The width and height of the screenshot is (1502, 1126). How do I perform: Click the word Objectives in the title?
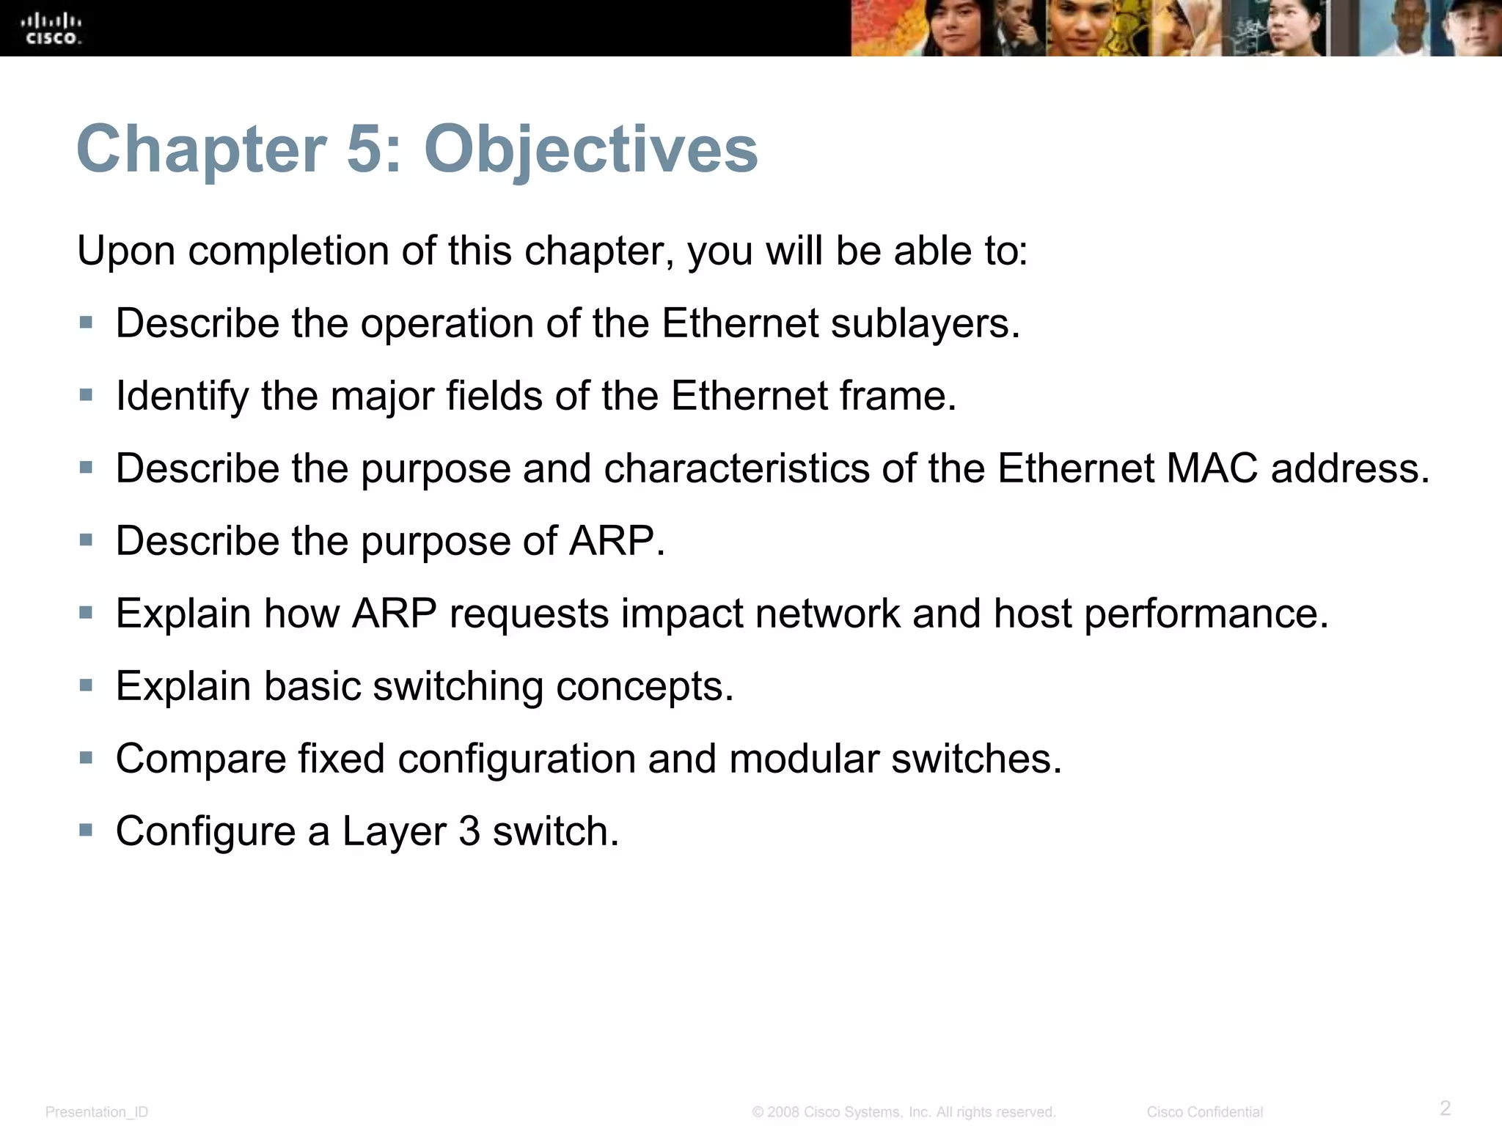pyautogui.click(x=590, y=150)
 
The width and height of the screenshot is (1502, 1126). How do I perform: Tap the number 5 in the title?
pyautogui.click(x=364, y=150)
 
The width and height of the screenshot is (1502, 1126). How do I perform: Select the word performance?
pyautogui.click(x=1206, y=614)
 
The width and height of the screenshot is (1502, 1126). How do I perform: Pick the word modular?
pyautogui.click(x=804, y=759)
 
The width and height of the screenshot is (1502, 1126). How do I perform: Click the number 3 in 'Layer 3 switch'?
pyautogui.click(x=469, y=832)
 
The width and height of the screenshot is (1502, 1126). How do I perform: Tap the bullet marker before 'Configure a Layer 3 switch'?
pyautogui.click(x=87, y=831)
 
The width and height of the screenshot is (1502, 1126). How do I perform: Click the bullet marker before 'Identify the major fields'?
pyautogui.click(x=87, y=395)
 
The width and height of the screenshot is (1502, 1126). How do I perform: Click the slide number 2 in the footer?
pyautogui.click(x=1445, y=1108)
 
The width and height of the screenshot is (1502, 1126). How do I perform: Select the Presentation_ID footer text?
pyautogui.click(x=97, y=1112)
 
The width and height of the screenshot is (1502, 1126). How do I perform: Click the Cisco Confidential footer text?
pyautogui.click(x=1204, y=1112)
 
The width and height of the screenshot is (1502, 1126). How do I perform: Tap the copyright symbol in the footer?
pyautogui.click(x=758, y=1112)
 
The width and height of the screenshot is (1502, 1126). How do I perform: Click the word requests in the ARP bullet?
pyautogui.click(x=529, y=614)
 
